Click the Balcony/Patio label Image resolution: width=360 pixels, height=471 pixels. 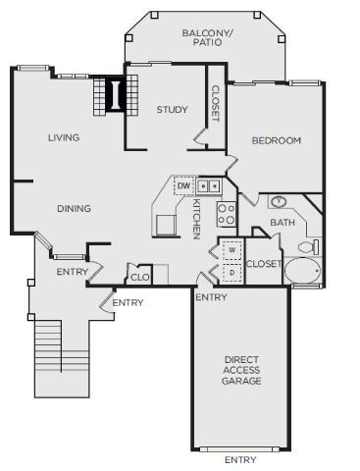click(208, 37)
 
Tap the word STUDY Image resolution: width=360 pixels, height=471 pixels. click(172, 110)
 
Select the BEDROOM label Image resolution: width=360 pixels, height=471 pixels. click(276, 140)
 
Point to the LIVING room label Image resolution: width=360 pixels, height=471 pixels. click(64, 137)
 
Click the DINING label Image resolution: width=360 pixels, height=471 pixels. click(74, 208)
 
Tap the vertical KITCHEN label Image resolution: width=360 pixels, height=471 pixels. click(196, 218)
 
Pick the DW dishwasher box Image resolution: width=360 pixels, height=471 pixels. click(183, 185)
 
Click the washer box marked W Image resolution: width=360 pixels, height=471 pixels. click(231, 249)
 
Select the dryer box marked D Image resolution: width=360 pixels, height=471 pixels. click(231, 271)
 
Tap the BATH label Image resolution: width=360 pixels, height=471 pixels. click(283, 224)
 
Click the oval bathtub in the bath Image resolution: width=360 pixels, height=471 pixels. click(303, 273)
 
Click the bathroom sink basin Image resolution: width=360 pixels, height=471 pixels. click(279, 202)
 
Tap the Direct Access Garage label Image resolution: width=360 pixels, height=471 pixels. click(241, 370)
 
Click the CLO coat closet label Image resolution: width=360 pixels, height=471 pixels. click(140, 277)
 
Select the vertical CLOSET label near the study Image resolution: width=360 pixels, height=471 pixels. click(216, 103)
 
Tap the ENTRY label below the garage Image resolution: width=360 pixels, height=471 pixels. click(241, 459)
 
